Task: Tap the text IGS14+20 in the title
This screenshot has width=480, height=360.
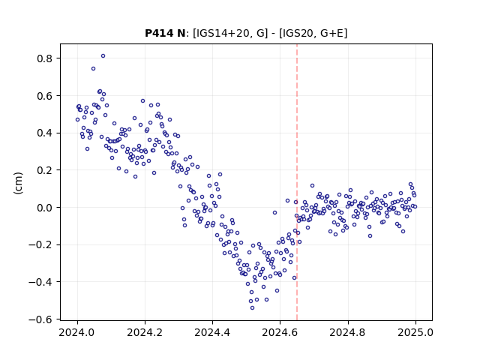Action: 221,33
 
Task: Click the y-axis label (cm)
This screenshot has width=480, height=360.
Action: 18,183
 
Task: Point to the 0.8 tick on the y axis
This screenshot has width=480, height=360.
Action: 45,58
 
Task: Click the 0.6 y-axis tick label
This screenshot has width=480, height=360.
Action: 45,96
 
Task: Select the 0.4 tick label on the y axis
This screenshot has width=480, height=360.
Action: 45,133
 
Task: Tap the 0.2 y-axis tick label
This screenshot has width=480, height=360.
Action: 45,170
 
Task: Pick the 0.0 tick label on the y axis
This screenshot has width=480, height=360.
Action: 45,208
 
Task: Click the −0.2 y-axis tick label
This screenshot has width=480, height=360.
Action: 41,245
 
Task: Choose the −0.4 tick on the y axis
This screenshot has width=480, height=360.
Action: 41,282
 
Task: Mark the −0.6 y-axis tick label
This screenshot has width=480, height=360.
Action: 41,319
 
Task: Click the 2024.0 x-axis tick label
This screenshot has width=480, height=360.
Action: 77,332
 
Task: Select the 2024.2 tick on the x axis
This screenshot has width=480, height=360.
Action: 145,332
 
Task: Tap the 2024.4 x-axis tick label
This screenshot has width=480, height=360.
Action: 212,332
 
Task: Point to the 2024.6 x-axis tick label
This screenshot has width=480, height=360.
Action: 280,332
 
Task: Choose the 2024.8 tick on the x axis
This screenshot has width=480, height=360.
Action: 348,332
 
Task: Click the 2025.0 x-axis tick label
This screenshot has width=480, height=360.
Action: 415,332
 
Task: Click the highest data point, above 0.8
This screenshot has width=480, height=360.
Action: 103,56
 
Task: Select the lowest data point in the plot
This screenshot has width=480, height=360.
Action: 252,307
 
